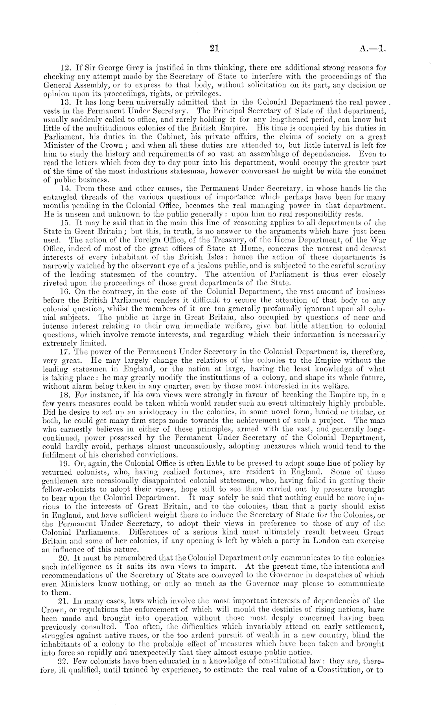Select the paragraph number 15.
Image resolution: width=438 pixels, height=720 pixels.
[64, 222]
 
